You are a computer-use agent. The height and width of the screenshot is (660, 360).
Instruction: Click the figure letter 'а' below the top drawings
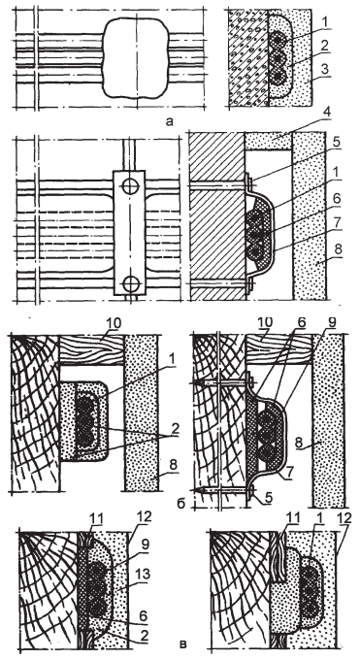point(169,121)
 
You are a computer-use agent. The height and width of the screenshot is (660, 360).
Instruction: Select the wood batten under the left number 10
point(92,350)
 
